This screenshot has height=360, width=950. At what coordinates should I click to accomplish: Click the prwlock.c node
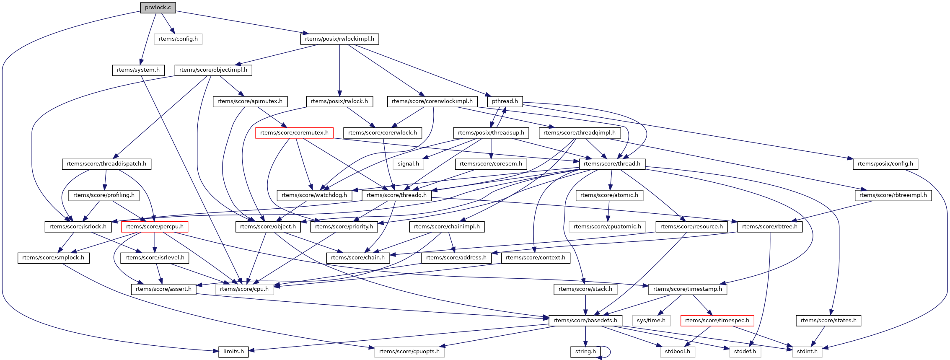click(158, 8)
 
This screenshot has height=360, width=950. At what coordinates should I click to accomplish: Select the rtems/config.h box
click(178, 39)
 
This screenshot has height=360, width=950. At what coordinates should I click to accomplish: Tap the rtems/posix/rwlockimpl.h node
click(339, 39)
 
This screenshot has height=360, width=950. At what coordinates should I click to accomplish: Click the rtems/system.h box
click(138, 70)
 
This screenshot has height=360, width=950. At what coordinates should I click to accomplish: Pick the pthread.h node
click(505, 101)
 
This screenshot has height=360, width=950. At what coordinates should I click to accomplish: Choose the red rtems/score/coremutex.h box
click(294, 133)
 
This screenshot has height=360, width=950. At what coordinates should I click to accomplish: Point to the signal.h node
click(408, 164)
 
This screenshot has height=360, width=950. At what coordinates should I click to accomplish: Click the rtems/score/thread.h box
click(612, 164)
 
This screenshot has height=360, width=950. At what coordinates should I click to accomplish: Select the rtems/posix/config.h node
click(885, 164)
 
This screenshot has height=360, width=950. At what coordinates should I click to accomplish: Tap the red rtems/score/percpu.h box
click(155, 227)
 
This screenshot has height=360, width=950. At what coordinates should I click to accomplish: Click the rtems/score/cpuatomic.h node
click(607, 227)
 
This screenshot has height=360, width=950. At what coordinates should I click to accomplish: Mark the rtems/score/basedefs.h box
click(585, 321)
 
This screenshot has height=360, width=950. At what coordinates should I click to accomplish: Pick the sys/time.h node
click(651, 321)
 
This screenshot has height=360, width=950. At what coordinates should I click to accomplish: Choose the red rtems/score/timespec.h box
click(717, 321)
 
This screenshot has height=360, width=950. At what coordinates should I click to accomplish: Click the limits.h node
click(233, 352)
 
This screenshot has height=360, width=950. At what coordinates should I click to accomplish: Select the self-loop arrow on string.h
click(609, 352)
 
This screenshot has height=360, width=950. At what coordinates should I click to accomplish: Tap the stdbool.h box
click(677, 352)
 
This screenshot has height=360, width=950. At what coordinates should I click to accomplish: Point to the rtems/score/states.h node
click(828, 321)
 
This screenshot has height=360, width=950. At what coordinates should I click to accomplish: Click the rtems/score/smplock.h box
click(53, 258)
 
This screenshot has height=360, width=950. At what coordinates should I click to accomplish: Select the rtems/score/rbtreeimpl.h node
click(893, 195)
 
